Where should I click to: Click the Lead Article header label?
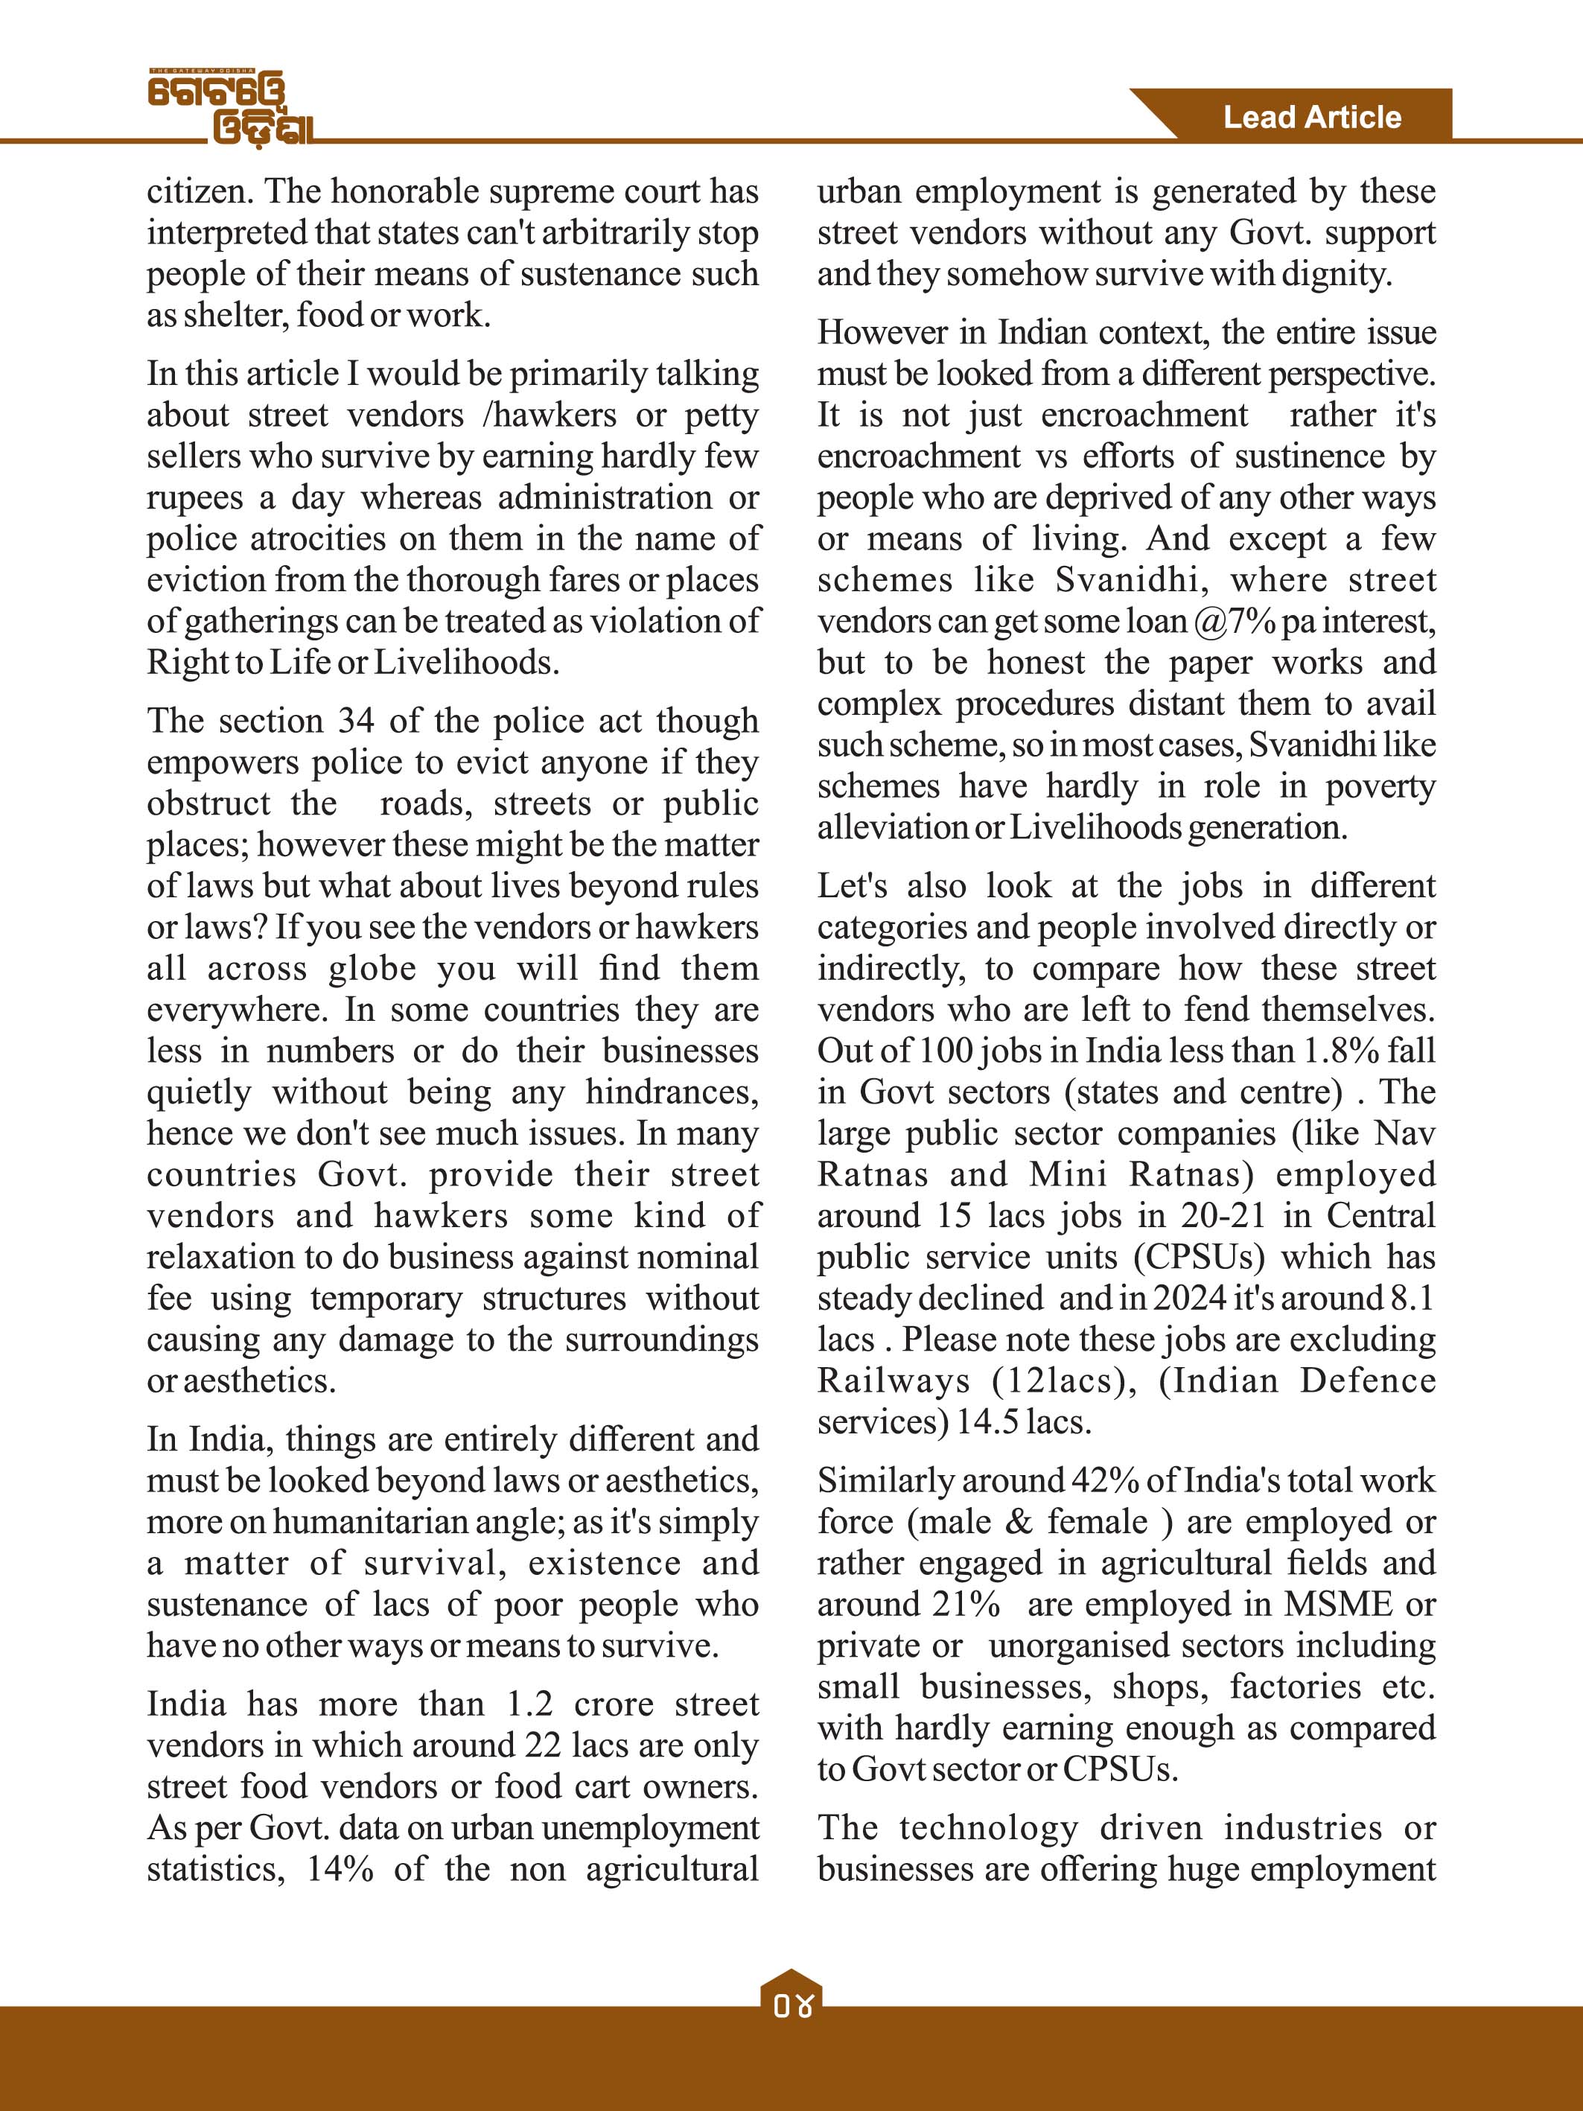click(x=1312, y=118)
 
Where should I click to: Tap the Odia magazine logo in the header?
click(x=232, y=108)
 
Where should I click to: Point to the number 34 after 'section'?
click(x=357, y=721)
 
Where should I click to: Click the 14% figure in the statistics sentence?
click(x=340, y=1868)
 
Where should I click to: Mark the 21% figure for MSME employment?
click(x=966, y=1604)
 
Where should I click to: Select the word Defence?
click(x=1367, y=1381)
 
